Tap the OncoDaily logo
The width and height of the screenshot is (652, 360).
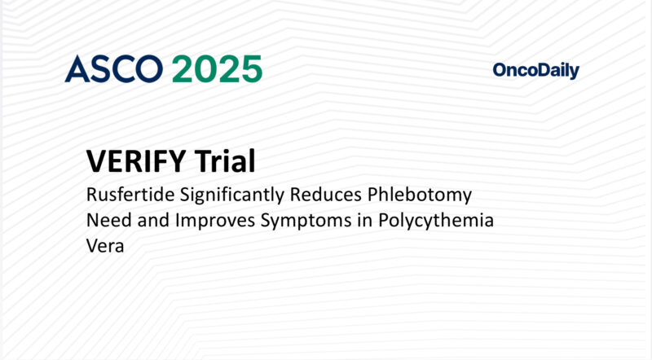[x=535, y=71]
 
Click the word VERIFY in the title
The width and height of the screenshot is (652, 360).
[x=136, y=161]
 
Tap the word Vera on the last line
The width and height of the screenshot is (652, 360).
[x=104, y=246]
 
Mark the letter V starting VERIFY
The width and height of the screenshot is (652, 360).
[x=95, y=161]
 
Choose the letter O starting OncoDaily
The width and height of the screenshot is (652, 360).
[x=500, y=71]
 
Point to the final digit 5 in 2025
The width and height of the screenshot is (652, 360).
[x=250, y=69]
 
